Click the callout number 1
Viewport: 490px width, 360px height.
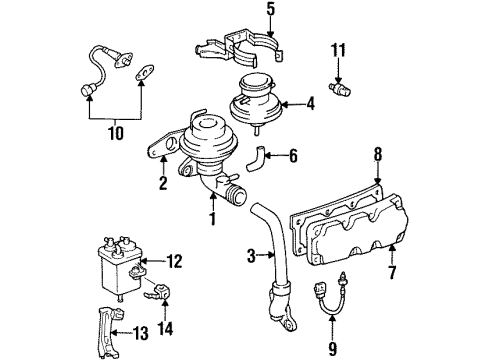[x=212, y=218]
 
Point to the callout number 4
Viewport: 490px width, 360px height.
[x=311, y=101]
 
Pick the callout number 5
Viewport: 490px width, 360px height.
[x=242, y=12]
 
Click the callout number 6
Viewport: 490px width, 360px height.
[x=293, y=156]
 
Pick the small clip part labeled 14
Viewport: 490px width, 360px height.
[x=157, y=293]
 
